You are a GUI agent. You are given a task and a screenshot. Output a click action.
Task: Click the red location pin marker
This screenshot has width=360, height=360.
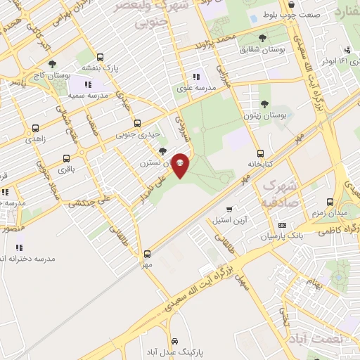pos(180,165)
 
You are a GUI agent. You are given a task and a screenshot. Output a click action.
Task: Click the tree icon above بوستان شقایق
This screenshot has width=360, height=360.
pos(262,38)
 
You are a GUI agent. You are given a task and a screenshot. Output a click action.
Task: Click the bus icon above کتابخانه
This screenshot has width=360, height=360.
pos(260,153)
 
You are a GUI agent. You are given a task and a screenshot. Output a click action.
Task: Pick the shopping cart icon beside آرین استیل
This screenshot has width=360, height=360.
pos(230,210)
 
